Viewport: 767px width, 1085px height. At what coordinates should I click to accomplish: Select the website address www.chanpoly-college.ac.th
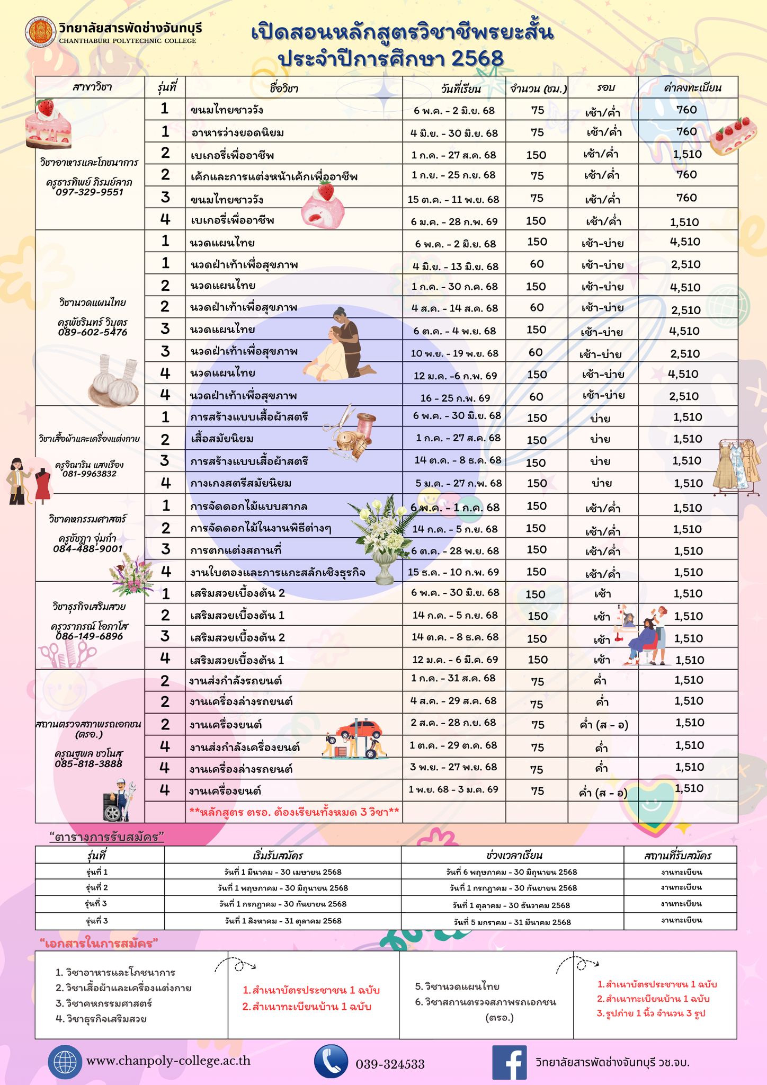click(x=168, y=1061)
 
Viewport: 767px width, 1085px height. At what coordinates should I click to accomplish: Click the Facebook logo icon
click(x=509, y=1062)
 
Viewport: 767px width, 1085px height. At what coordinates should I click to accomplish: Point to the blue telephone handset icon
click(x=331, y=1062)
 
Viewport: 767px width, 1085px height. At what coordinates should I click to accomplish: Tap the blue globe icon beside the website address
click(x=65, y=1062)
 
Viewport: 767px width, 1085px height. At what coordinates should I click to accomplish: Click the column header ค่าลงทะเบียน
click(x=692, y=88)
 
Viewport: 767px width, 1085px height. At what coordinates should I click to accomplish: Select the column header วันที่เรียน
click(x=460, y=88)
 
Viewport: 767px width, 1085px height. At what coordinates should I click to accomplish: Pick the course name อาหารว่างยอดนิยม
click(x=237, y=132)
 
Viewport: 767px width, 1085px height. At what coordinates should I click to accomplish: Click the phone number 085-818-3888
click(x=88, y=763)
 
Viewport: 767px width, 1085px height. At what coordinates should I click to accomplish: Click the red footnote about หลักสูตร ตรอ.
click(x=294, y=811)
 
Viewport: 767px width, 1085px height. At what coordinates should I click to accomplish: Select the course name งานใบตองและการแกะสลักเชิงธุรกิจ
click(x=278, y=572)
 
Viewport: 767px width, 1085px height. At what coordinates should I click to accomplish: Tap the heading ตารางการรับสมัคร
click(x=106, y=837)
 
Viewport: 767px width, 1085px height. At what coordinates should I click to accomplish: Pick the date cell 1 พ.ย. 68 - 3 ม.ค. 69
click(x=453, y=789)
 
